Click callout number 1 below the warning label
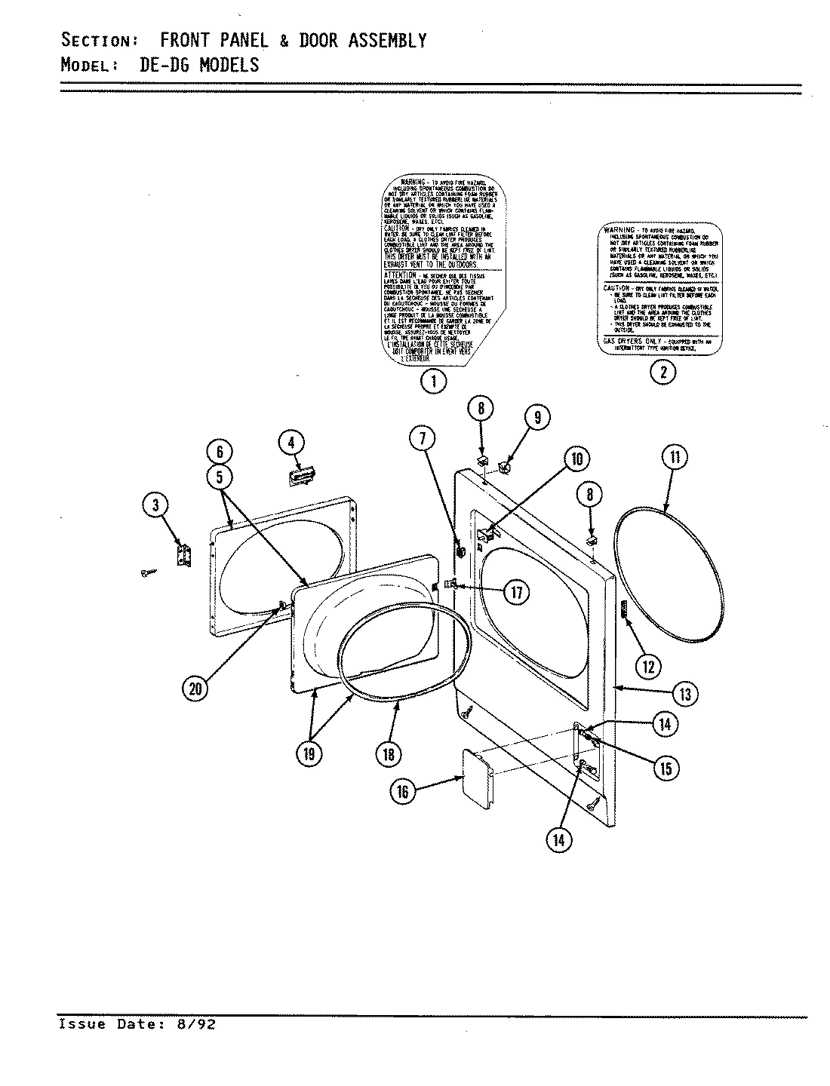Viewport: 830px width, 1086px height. tap(433, 382)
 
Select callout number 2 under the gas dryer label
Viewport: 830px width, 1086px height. tap(663, 370)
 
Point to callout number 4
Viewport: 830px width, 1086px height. tap(291, 443)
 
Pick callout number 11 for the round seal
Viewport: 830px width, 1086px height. tap(675, 458)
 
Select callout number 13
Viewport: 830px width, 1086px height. tap(685, 694)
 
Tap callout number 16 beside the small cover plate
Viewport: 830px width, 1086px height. tap(402, 790)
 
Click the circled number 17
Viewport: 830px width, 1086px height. tap(517, 592)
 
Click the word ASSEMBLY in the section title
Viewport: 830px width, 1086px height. tap(388, 40)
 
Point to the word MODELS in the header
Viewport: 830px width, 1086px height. tap(229, 65)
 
